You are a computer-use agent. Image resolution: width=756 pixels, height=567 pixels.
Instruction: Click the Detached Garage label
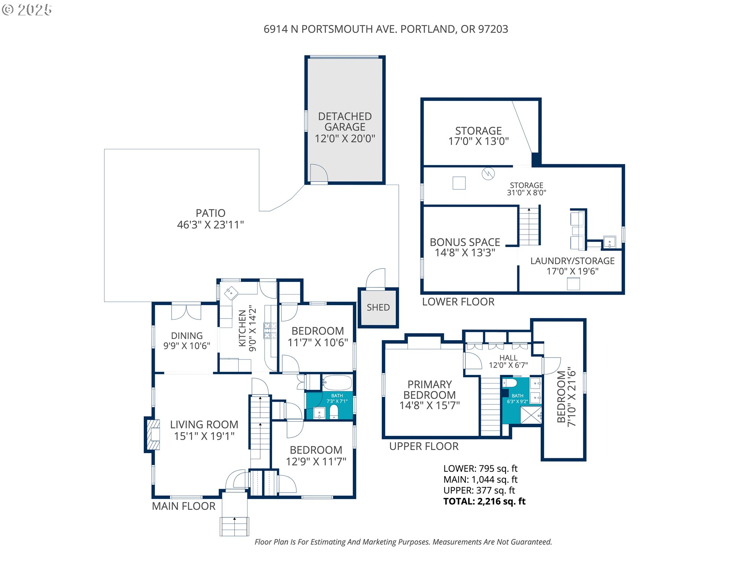click(x=345, y=122)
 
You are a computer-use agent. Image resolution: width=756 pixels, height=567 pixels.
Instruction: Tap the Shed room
click(x=378, y=308)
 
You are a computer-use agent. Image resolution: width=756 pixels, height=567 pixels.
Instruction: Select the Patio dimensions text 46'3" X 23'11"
click(x=211, y=225)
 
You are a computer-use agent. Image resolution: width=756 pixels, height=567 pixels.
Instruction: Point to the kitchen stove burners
click(x=270, y=331)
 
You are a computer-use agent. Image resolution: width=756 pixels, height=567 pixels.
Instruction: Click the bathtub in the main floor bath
click(x=337, y=382)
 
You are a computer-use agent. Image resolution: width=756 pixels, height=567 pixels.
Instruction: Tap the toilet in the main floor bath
click(x=334, y=412)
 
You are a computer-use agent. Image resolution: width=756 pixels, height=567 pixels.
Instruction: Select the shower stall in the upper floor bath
click(x=531, y=415)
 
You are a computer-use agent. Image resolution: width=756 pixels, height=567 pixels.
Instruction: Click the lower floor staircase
click(x=529, y=226)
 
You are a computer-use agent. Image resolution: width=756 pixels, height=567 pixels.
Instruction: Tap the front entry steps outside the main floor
click(x=234, y=526)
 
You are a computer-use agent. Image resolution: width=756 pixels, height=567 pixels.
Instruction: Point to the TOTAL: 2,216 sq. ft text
click(x=484, y=501)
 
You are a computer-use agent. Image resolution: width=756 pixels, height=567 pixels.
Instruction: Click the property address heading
click(x=386, y=29)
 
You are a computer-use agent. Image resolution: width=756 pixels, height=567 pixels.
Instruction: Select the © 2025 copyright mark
click(x=27, y=10)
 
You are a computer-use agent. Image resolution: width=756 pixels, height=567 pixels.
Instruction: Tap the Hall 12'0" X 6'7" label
click(x=508, y=361)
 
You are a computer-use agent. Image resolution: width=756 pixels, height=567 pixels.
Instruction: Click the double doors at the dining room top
click(x=186, y=311)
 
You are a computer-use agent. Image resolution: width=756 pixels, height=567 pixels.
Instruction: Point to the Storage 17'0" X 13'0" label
click(x=478, y=136)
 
